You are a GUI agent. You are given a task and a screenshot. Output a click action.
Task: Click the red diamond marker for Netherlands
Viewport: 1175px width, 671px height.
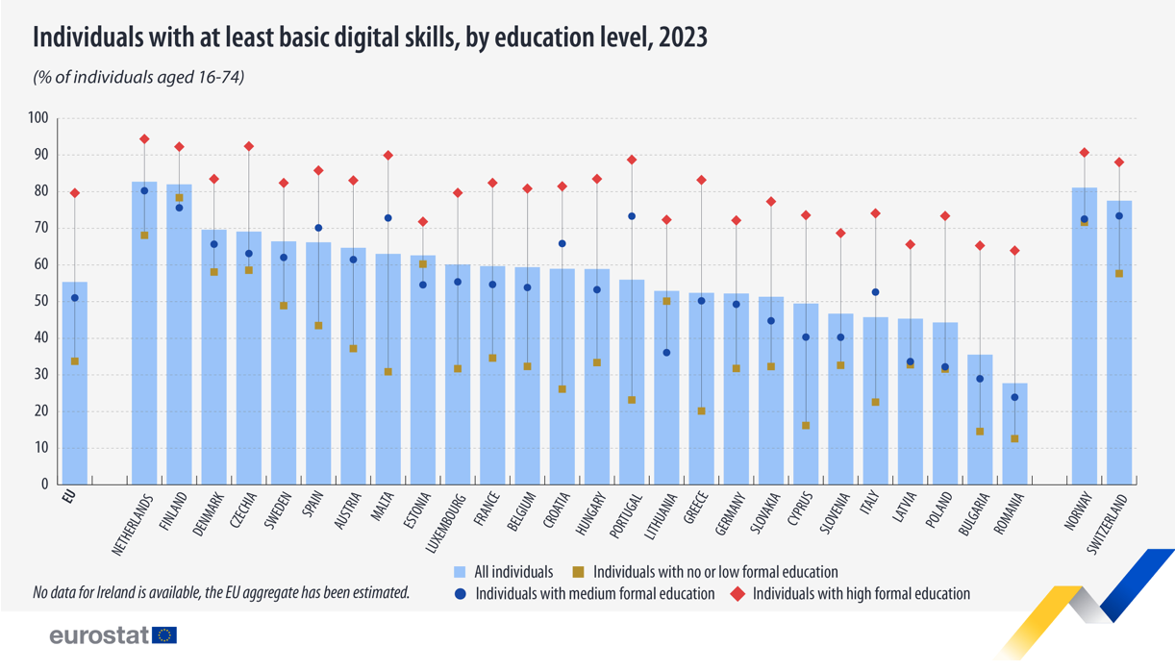click(x=144, y=139)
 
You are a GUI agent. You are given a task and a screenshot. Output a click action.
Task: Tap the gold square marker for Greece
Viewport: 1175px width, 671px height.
click(x=701, y=411)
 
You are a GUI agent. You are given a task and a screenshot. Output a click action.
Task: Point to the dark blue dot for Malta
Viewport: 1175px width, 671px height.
click(x=388, y=218)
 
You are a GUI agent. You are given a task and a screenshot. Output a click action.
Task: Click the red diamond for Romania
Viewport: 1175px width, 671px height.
click(x=1014, y=251)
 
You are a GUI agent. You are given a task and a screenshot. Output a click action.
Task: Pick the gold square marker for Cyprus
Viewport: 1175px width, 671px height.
click(x=806, y=426)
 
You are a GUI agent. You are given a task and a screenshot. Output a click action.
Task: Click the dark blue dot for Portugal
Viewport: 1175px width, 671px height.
click(x=632, y=216)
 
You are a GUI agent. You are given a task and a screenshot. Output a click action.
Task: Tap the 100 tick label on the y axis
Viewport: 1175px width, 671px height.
click(x=37, y=118)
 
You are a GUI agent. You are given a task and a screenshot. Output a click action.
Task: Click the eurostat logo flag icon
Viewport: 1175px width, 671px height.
click(x=165, y=635)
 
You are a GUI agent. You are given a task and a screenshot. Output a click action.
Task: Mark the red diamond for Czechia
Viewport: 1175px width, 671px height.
click(x=249, y=147)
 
